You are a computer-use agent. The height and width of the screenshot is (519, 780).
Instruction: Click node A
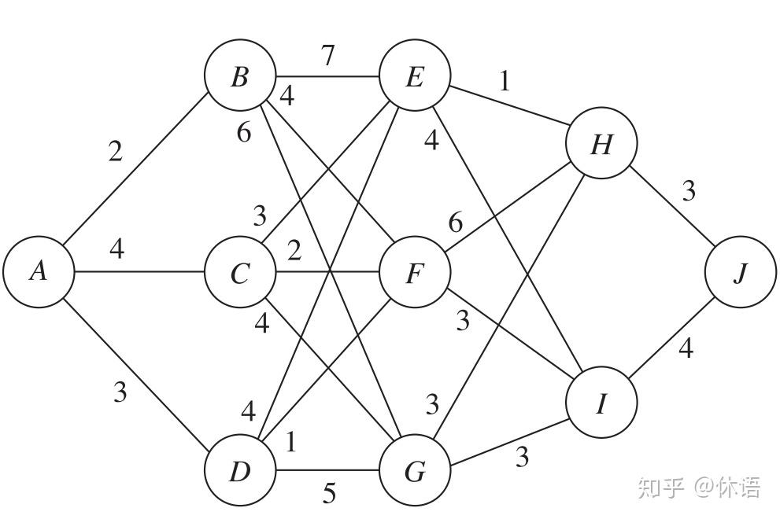(x=39, y=272)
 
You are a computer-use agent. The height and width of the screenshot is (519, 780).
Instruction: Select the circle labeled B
(x=240, y=75)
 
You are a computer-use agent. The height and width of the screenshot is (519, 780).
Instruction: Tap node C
(x=240, y=272)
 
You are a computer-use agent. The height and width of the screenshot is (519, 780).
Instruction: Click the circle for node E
(x=415, y=75)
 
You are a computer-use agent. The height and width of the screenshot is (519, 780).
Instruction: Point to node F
(x=415, y=272)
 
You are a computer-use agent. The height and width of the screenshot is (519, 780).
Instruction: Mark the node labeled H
(x=601, y=143)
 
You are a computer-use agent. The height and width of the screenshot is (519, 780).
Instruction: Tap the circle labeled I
(x=601, y=403)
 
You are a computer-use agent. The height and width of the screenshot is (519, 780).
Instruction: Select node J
(x=741, y=272)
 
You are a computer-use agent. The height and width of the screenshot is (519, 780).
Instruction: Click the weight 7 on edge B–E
(x=327, y=55)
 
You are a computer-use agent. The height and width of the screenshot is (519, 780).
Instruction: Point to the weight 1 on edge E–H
(x=505, y=81)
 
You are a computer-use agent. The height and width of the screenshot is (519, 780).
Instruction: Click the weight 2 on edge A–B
(x=116, y=151)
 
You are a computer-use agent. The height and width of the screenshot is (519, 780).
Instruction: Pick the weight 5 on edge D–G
(x=329, y=493)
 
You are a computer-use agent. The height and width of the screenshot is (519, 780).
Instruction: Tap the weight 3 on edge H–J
(x=689, y=191)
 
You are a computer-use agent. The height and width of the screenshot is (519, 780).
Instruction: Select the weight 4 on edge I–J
(x=686, y=348)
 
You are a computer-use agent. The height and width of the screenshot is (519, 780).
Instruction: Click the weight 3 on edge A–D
(x=120, y=392)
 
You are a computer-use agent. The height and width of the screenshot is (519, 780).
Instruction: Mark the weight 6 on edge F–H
(x=455, y=223)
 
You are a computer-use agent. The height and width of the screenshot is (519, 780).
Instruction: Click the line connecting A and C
(x=140, y=272)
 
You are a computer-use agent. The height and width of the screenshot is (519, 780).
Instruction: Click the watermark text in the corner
(x=698, y=488)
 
